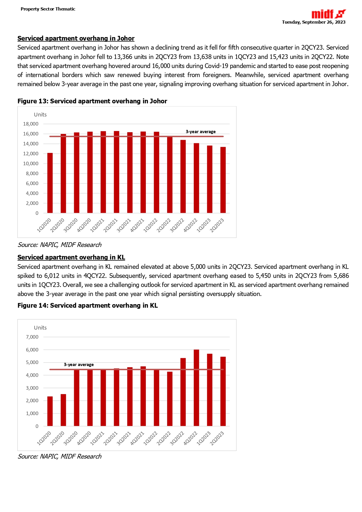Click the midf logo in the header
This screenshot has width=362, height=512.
click(328, 14)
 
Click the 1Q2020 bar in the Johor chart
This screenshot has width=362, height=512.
click(50, 183)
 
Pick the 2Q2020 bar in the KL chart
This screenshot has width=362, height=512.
click(63, 410)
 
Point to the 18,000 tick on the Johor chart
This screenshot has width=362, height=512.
click(31, 124)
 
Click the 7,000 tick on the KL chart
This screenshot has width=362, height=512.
click(32, 337)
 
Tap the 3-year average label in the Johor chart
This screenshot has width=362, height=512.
click(201, 132)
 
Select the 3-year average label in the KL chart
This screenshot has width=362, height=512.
click(79, 365)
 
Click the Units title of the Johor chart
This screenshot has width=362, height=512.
click(40, 115)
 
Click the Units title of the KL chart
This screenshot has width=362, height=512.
click(40, 328)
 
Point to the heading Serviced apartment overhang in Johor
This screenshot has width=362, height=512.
click(76, 39)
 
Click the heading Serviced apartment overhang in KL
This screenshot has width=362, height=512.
click(71, 257)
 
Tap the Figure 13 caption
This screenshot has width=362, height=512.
click(92, 101)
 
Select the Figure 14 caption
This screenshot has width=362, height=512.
click(88, 306)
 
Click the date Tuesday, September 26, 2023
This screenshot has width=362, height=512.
click(314, 22)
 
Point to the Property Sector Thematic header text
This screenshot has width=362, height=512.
click(48, 9)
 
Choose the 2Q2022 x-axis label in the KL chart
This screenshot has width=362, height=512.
click(164, 438)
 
